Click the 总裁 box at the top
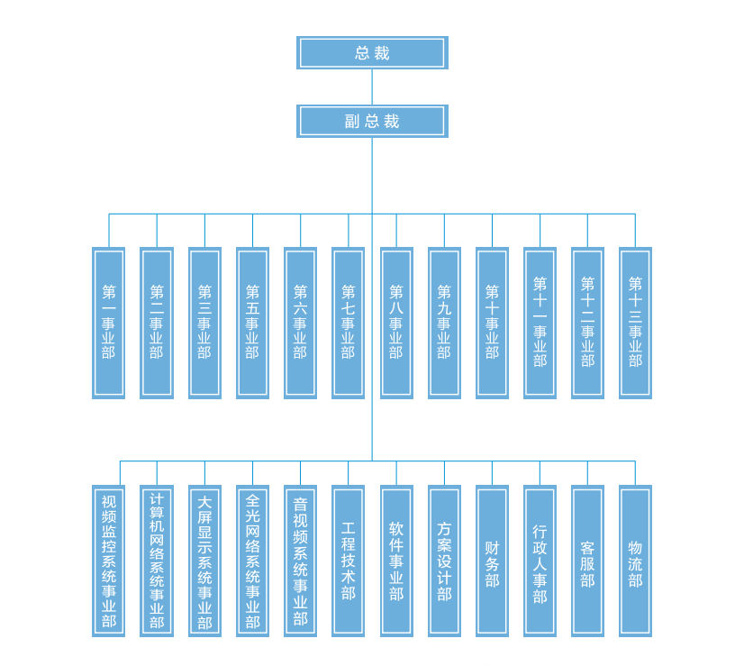(372, 52)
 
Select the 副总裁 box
(372, 121)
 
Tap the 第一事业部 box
(109, 323)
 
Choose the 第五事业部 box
(252, 323)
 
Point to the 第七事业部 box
(349, 323)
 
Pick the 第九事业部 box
(444, 323)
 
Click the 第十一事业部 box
(540, 323)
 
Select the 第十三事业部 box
(635, 323)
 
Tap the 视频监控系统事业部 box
(109, 561)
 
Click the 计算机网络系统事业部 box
(157, 561)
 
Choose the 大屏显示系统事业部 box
(204, 561)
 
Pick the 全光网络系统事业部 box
(252, 561)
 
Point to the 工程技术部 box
(349, 561)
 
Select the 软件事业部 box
(396, 561)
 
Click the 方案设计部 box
(444, 561)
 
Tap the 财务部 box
(492, 561)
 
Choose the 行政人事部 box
(540, 561)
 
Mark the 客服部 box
(587, 561)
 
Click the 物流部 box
(635, 561)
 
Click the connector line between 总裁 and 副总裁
(372, 87)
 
